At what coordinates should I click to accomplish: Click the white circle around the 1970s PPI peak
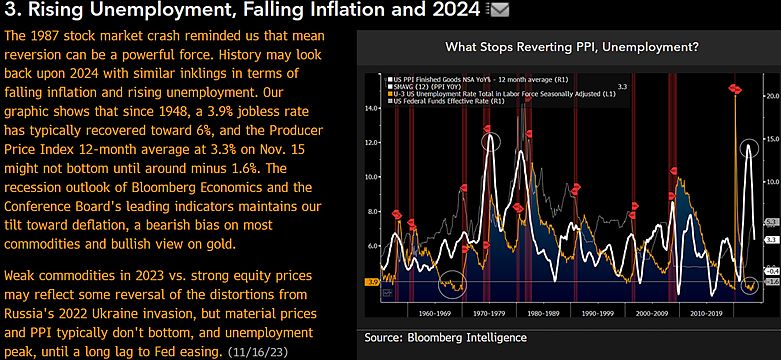tap(490, 143)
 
